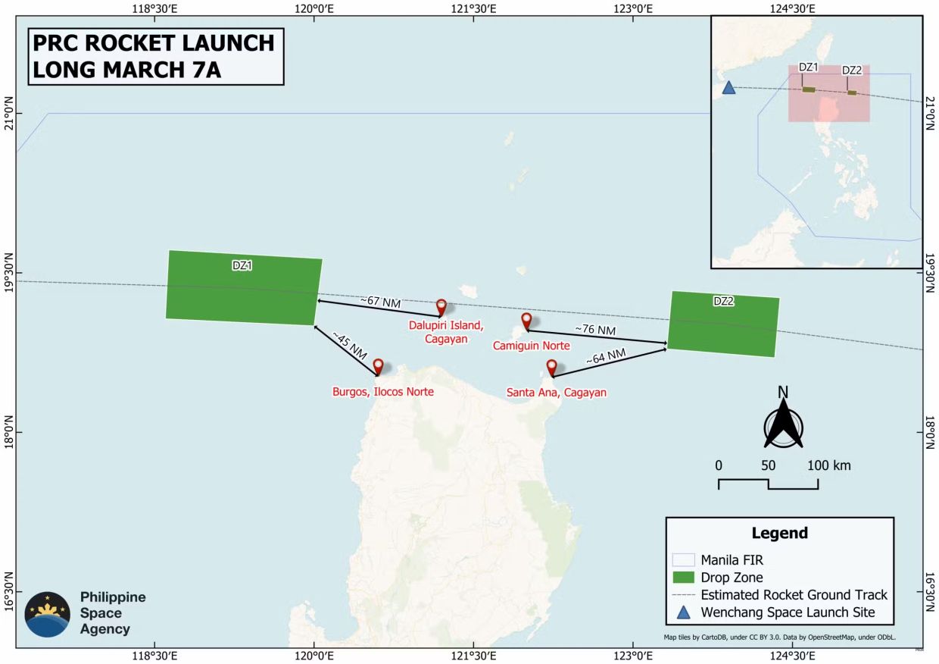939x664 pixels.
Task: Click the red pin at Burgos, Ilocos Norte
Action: click(378, 366)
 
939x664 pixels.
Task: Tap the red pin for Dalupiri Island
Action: click(441, 306)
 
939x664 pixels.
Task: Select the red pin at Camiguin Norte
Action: click(526, 320)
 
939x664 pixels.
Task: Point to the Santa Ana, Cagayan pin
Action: click(552, 367)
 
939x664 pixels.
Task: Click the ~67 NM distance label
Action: click(380, 302)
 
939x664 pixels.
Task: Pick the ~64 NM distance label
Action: click(606, 355)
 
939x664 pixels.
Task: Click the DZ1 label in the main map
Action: click(242, 265)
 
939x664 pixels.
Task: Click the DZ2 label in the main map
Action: click(724, 301)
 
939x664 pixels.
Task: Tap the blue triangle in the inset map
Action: click(728, 87)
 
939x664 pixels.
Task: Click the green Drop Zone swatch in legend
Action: click(683, 578)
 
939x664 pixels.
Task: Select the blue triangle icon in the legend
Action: click(683, 612)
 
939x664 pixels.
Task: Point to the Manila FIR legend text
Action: click(732, 560)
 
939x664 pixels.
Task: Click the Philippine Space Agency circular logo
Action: click(48, 614)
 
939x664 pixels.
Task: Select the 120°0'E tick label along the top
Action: click(314, 9)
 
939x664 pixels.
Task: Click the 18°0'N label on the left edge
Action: click(8, 432)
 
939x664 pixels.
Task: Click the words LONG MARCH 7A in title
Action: click(126, 69)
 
